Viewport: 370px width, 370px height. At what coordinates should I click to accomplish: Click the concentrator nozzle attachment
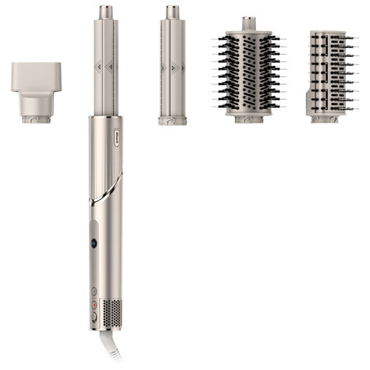click(x=36, y=85)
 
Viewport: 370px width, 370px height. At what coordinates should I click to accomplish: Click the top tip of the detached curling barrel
click(x=172, y=12)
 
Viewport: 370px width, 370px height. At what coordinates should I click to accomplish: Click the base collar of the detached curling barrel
click(x=172, y=119)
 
